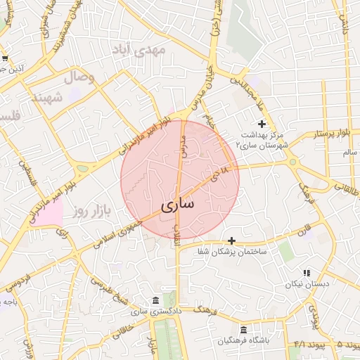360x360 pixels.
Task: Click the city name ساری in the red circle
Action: pyautogui.click(x=179, y=205)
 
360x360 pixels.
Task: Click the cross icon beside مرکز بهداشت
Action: pyautogui.click(x=262, y=124)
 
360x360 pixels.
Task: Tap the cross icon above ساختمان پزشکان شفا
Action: pyautogui.click(x=231, y=240)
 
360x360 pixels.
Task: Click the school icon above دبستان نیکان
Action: pyautogui.click(x=306, y=273)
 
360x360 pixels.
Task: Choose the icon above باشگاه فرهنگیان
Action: pyautogui.click(x=243, y=330)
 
